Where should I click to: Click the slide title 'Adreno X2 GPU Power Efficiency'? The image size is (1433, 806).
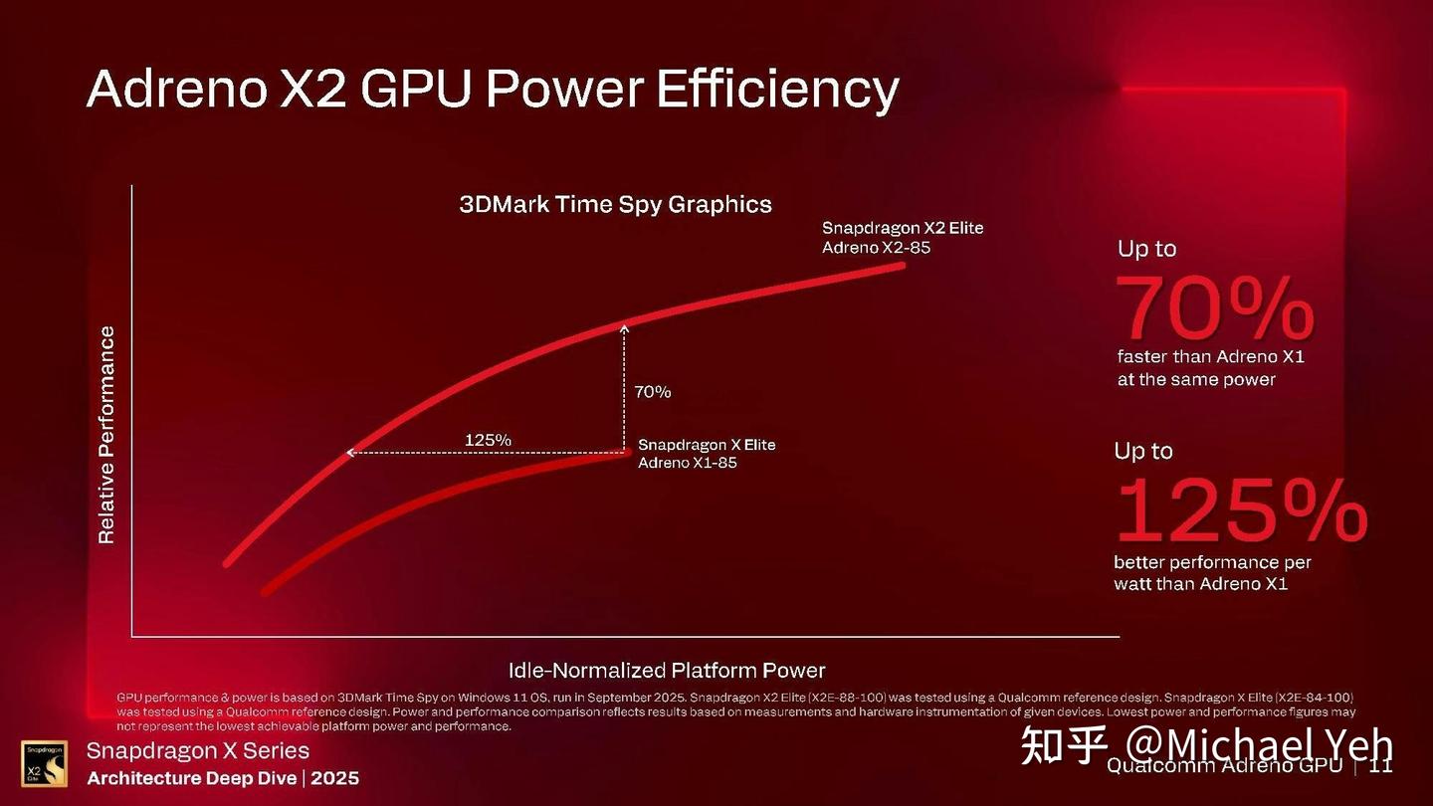(x=493, y=90)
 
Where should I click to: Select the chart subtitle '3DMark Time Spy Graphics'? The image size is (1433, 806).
(x=615, y=205)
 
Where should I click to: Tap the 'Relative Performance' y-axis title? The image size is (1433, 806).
(x=106, y=435)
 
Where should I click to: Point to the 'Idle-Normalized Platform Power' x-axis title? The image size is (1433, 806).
(x=667, y=670)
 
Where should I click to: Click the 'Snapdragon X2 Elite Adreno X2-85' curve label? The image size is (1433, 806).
(x=902, y=238)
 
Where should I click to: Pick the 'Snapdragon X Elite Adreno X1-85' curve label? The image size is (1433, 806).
(x=706, y=454)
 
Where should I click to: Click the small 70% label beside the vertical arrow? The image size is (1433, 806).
(x=652, y=392)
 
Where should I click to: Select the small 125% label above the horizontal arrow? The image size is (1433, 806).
(x=488, y=440)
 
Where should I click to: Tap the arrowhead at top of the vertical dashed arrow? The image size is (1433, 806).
(x=625, y=325)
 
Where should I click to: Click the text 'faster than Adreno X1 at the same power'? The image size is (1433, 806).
(x=1210, y=368)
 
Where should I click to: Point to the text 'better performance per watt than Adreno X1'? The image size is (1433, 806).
(x=1212, y=573)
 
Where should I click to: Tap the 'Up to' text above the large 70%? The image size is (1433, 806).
(x=1146, y=249)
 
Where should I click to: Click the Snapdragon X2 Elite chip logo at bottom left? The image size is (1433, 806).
(x=44, y=764)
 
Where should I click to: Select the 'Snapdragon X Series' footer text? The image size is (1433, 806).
(x=198, y=751)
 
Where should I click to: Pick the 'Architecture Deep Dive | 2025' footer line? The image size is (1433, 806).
(x=223, y=778)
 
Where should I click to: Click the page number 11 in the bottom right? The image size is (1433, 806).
(x=1380, y=766)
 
